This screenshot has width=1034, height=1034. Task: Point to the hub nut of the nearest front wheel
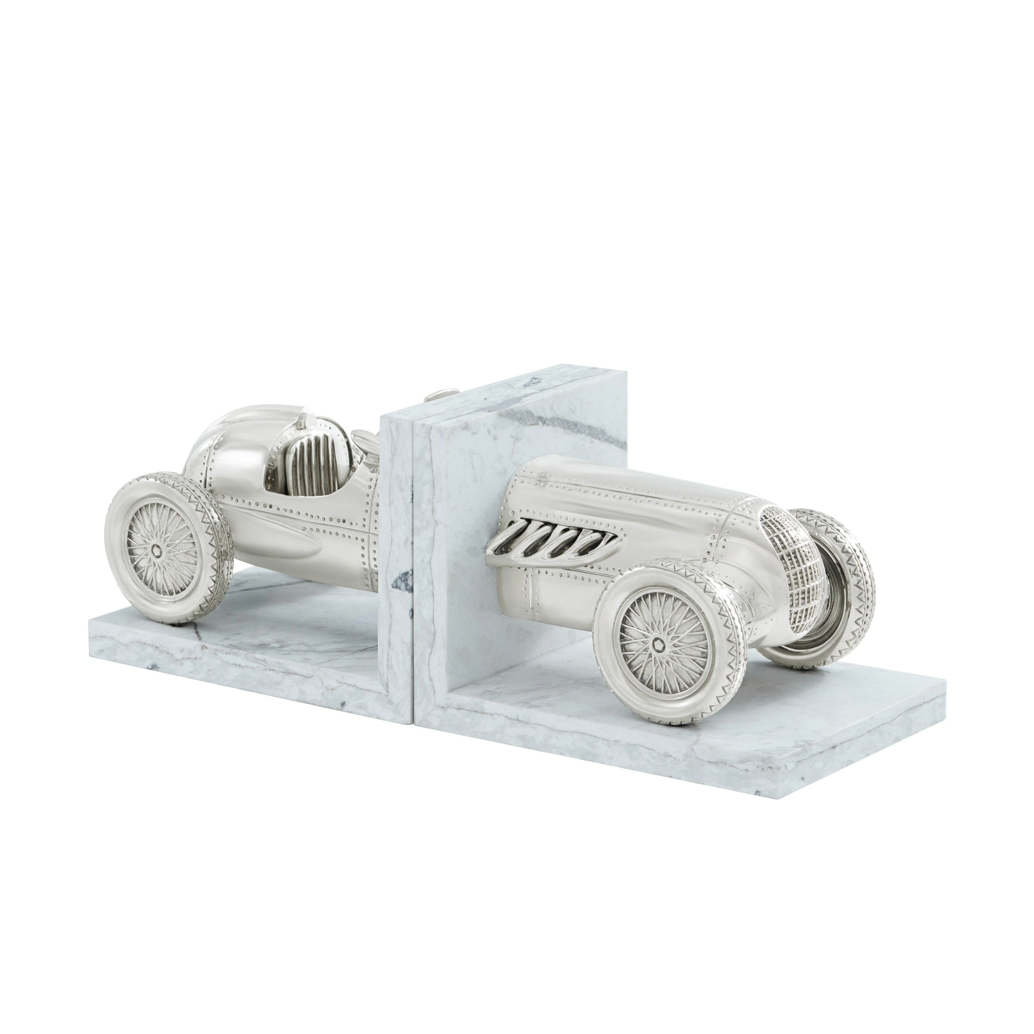pos(657,645)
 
